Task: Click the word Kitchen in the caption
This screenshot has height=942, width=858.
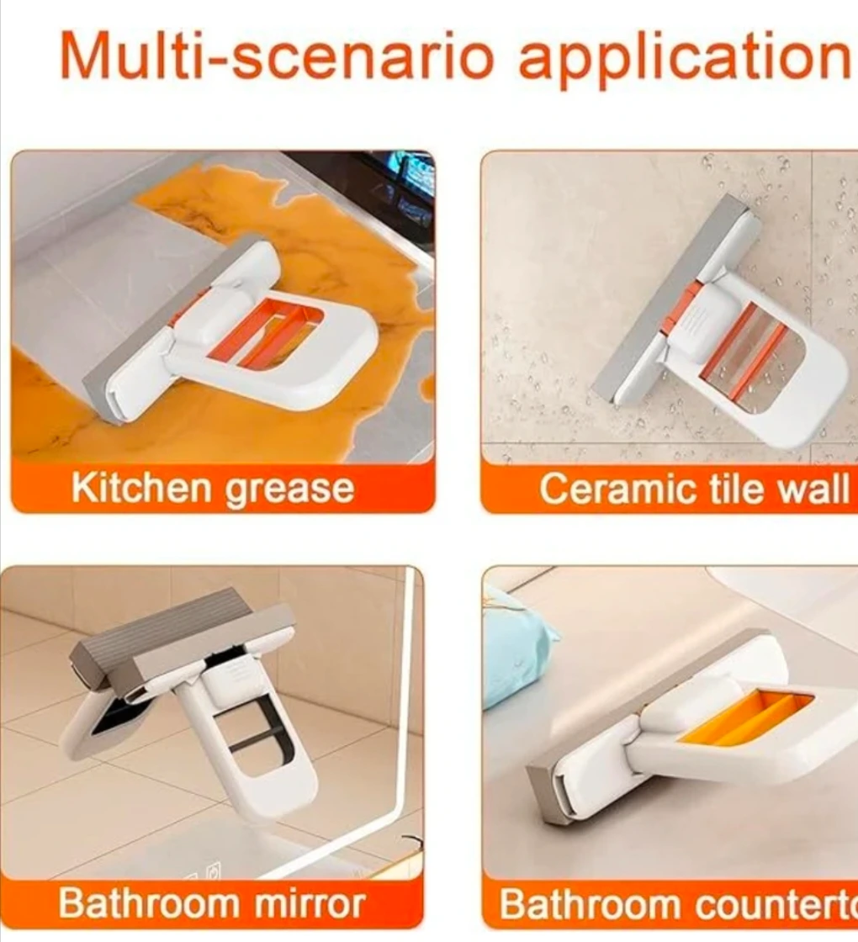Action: (143, 487)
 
